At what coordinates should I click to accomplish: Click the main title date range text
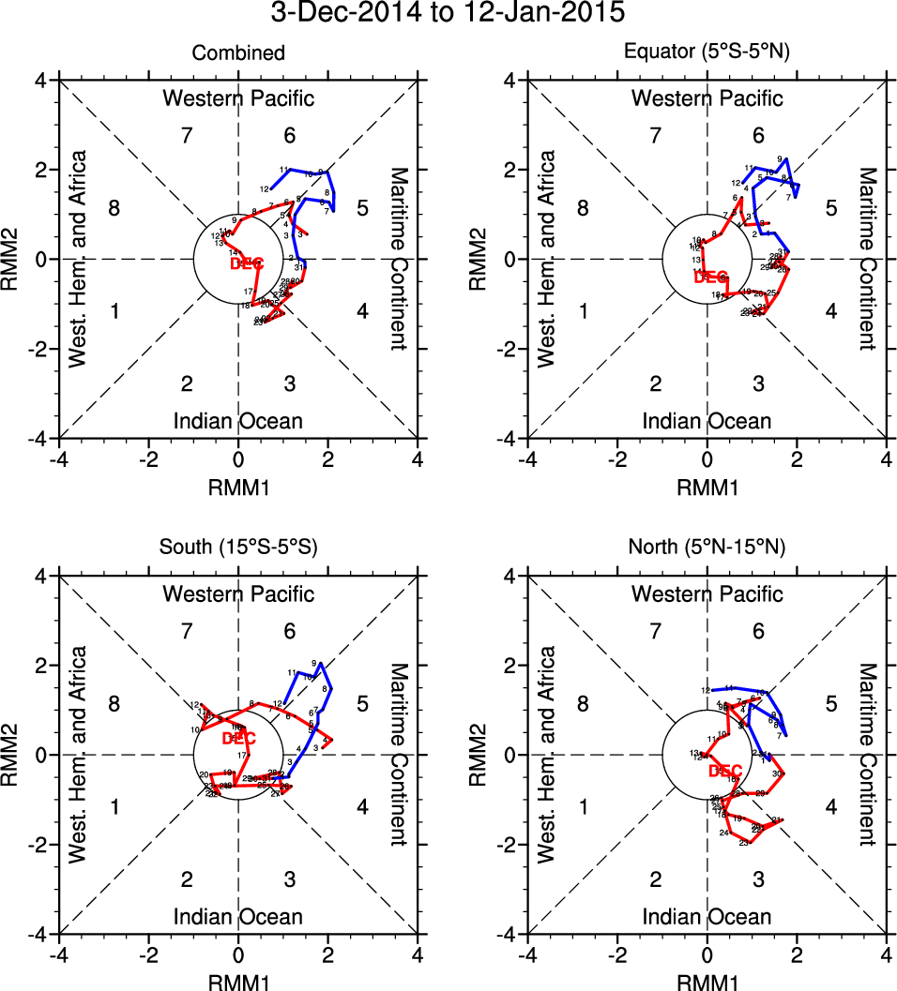[448, 14]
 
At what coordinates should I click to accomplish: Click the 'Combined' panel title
[238, 53]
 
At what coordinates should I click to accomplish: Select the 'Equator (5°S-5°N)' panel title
[707, 53]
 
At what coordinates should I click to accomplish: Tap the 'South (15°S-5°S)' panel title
[238, 548]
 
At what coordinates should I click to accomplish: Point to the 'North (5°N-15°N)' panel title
[707, 548]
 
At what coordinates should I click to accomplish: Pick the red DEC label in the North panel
[725, 772]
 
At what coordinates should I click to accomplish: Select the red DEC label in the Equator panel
[710, 278]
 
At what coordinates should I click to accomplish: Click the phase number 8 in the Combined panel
[114, 208]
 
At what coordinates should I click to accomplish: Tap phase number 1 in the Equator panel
[583, 311]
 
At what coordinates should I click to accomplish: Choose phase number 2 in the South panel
[187, 879]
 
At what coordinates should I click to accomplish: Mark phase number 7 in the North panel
[656, 631]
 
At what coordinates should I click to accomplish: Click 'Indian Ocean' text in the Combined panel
[238, 421]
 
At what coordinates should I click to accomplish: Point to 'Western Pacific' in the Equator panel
[707, 98]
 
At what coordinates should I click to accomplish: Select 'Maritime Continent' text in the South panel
[398, 755]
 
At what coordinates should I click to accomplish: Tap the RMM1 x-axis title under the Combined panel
[238, 483]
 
